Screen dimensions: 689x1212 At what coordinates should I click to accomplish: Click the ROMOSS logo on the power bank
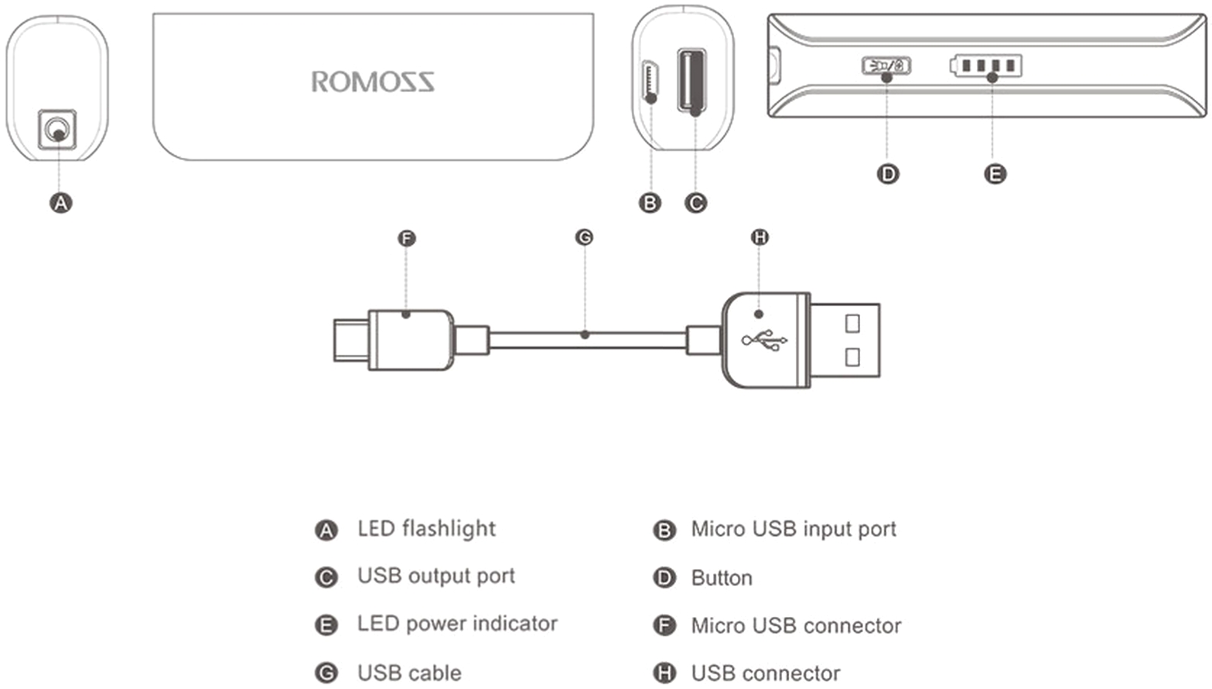(372, 81)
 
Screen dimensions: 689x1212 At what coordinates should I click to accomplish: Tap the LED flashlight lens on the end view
(56, 128)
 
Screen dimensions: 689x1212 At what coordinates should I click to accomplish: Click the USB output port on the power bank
(691, 80)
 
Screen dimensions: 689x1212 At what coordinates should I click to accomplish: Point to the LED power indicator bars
(987, 66)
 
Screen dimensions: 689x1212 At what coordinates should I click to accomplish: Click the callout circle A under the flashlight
(60, 203)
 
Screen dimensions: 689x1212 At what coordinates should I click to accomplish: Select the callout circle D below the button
(888, 174)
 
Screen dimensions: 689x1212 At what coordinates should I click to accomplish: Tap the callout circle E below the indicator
(995, 174)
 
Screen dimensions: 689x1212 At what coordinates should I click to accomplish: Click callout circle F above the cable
(406, 238)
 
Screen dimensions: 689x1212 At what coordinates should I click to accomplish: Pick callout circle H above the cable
(760, 237)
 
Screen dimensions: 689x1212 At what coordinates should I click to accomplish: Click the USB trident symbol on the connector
(764, 339)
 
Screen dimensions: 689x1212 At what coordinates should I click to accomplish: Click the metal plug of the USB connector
(845, 340)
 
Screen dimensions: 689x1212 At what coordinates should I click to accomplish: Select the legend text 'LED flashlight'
(426, 529)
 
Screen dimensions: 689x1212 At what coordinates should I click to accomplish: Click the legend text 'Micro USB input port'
(794, 529)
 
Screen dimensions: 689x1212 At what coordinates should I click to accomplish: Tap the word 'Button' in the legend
(722, 578)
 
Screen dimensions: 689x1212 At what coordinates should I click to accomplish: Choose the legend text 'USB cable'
(409, 673)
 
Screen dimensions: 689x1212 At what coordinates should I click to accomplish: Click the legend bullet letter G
(326, 673)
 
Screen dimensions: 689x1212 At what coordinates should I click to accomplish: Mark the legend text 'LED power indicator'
(457, 624)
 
